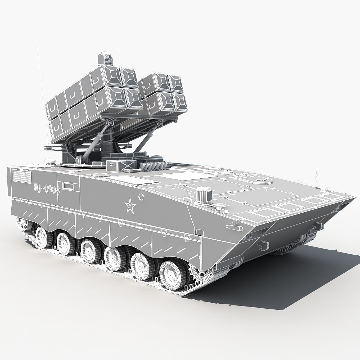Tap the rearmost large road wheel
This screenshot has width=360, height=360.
[42, 235]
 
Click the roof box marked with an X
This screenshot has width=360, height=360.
[127, 166]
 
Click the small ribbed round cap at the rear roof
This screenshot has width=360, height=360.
[51, 163]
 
